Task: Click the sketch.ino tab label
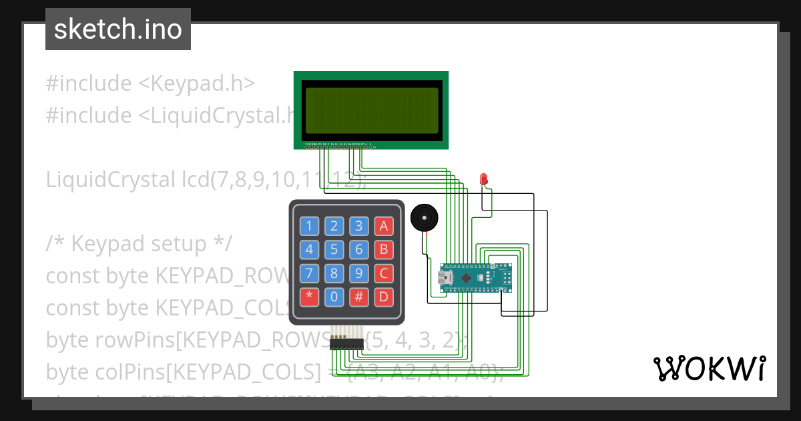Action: click(118, 29)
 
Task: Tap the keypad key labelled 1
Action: click(309, 226)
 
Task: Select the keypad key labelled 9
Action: click(358, 273)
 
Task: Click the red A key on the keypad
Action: click(383, 226)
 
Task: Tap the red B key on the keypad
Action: click(383, 250)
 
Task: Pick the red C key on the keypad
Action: click(383, 273)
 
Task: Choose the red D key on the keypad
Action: click(383, 296)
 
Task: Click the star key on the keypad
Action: click(309, 296)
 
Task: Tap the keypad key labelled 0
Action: click(334, 296)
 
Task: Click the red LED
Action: click(484, 179)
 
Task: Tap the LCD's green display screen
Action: click(372, 110)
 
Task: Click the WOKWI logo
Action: click(709, 368)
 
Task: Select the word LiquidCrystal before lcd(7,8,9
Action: click(107, 180)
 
